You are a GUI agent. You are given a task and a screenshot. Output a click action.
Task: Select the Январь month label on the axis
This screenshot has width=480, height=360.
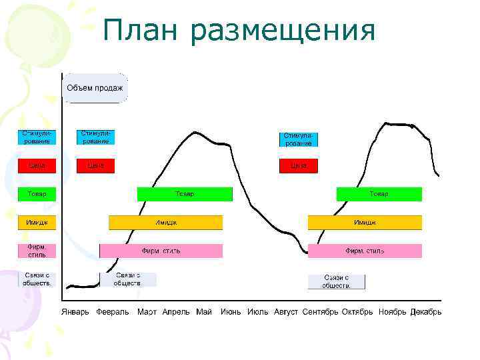(x=75, y=312)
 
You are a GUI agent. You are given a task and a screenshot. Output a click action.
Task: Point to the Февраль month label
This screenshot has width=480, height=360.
(x=113, y=312)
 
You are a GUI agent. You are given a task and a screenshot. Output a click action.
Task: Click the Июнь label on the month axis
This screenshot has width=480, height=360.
(x=231, y=312)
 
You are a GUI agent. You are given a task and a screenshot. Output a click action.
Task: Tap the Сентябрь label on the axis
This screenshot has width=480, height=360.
(x=320, y=312)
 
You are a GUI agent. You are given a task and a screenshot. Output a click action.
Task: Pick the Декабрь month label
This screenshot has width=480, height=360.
(x=426, y=312)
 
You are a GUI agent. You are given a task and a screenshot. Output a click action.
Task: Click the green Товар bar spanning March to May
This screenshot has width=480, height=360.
(x=185, y=194)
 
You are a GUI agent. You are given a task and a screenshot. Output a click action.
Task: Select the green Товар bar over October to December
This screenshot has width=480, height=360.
(x=379, y=194)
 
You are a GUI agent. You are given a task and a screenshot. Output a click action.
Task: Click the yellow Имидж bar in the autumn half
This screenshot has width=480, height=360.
(x=365, y=222)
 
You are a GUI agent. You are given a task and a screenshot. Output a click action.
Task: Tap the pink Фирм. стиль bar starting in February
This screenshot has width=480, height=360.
(x=161, y=251)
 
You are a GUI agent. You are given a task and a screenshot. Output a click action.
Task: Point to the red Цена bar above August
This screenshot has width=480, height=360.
(x=298, y=166)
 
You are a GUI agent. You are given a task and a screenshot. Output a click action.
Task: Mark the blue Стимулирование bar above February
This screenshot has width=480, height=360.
(x=95, y=137)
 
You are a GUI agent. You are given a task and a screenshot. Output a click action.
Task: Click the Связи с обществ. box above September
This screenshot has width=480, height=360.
(x=337, y=281)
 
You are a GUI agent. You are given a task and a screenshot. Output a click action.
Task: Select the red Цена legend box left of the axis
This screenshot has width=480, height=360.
(x=37, y=166)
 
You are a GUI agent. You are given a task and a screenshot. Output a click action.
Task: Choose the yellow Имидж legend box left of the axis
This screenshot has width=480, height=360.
(x=37, y=222)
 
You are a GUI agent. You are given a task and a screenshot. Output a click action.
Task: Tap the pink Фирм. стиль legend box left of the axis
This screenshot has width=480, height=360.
(x=37, y=251)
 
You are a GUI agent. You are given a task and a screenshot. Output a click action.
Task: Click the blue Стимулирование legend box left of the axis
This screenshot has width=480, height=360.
(x=37, y=137)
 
